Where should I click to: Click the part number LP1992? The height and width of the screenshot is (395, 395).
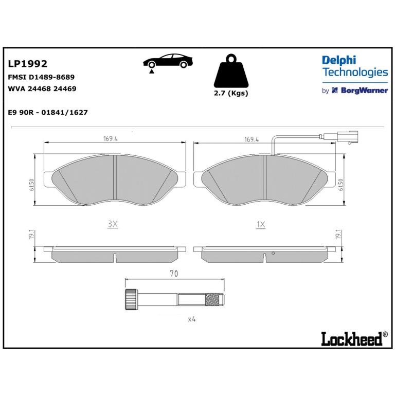(27, 64)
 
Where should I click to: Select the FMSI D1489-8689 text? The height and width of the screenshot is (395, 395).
(41, 77)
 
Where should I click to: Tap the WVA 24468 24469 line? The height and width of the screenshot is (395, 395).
(42, 88)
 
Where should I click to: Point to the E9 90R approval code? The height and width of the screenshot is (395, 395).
(48, 112)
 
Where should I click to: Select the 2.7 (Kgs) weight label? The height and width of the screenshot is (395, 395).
(231, 93)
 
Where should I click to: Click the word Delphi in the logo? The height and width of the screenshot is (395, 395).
(339, 61)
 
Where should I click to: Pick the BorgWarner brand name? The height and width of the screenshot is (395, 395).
(364, 91)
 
